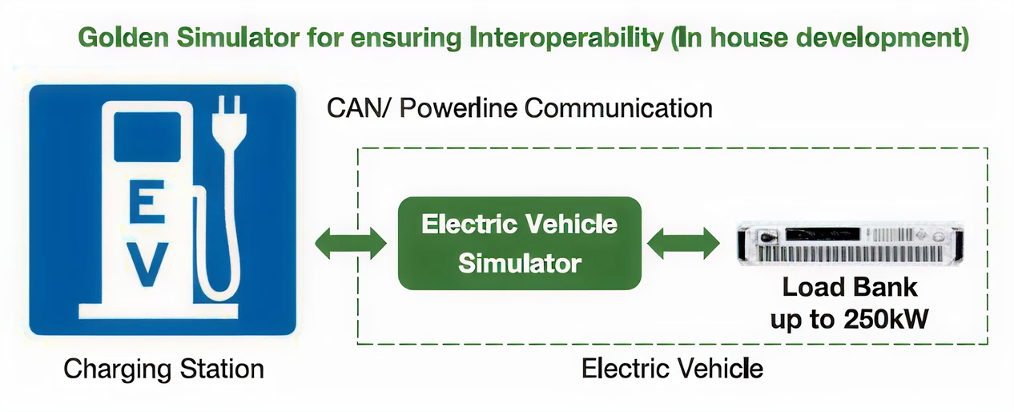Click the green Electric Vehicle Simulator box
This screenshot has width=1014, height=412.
click(x=519, y=243)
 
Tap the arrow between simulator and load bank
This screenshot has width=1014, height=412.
click(x=682, y=243)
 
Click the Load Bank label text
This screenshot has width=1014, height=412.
click(x=849, y=287)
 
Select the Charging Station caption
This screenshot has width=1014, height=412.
click(x=163, y=369)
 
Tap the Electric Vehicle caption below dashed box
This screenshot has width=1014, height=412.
click(x=671, y=369)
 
